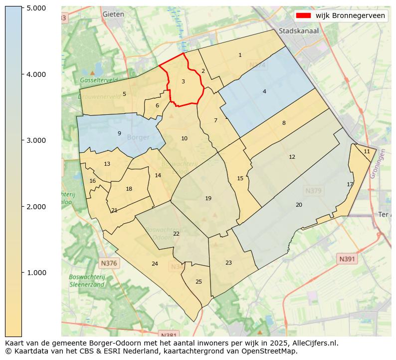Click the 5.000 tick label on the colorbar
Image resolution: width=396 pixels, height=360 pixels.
click(36, 8)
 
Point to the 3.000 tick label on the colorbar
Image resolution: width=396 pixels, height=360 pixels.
click(36, 140)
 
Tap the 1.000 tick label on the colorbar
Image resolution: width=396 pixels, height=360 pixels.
click(36, 273)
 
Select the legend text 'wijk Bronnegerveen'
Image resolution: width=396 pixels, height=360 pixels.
click(350, 16)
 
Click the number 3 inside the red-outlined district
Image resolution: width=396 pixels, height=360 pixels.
click(183, 81)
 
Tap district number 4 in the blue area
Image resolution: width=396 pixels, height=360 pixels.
click(264, 91)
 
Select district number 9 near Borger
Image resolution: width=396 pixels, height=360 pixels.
click(119, 133)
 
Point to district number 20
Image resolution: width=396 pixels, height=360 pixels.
click(299, 205)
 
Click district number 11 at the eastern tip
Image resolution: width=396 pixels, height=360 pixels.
click(367, 151)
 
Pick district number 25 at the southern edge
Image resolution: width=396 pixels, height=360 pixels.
click(198, 282)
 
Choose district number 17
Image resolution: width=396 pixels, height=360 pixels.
click(350, 184)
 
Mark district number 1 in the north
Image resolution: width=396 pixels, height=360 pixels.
click(240, 55)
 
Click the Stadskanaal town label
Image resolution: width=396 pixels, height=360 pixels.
click(299, 30)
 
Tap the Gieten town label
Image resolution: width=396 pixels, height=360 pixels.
click(113, 14)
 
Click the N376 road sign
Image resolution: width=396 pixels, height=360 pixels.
click(109, 263)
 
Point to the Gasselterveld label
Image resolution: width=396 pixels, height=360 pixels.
click(98, 80)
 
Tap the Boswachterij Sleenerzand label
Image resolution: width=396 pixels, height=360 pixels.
click(87, 281)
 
